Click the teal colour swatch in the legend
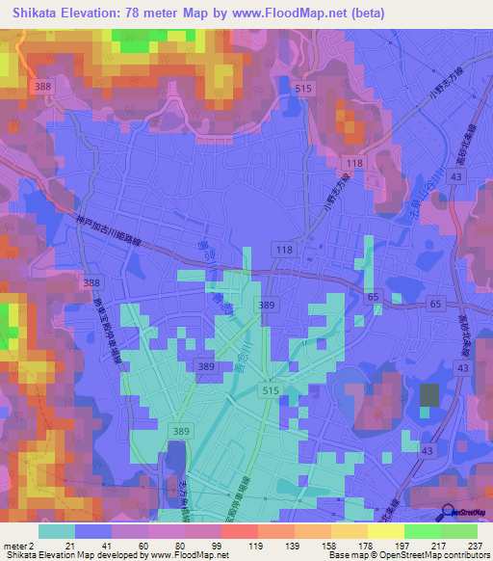[56, 530]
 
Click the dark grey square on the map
[428, 395]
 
